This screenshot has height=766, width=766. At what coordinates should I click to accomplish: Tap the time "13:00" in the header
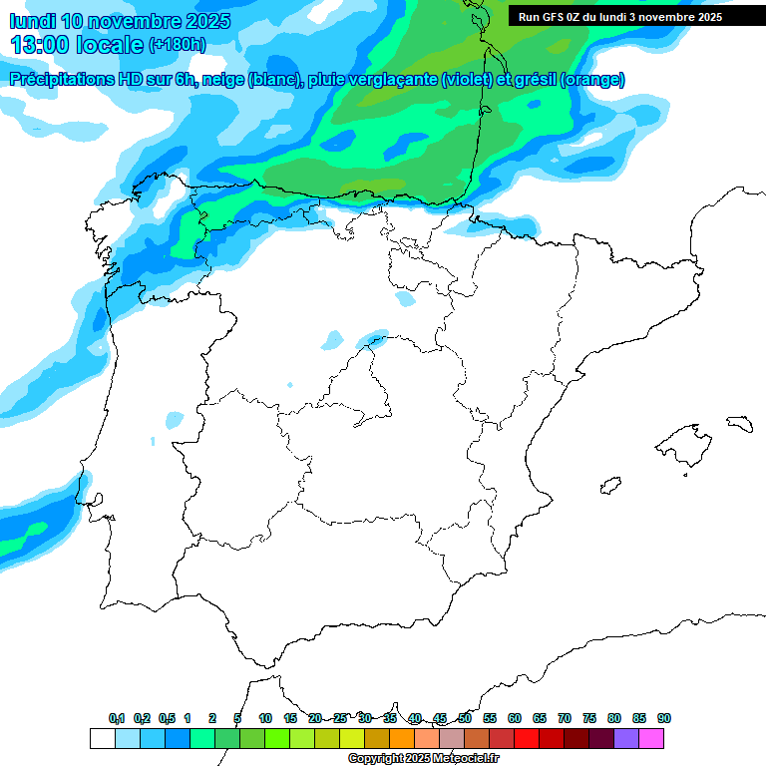(x=42, y=44)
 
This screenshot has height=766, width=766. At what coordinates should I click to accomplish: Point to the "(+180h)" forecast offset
(x=177, y=44)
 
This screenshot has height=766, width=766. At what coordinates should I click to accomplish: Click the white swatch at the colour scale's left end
(x=102, y=738)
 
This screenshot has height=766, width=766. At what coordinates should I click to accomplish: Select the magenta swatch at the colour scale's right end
(x=651, y=738)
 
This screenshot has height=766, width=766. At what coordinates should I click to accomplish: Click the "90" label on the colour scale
(x=664, y=718)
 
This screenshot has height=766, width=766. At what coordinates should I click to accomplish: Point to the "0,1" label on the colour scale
(x=116, y=718)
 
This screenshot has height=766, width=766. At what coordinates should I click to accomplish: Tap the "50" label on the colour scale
(x=465, y=718)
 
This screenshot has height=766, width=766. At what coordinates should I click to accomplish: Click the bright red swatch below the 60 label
(x=527, y=738)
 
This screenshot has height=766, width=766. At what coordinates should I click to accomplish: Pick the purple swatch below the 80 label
(x=626, y=738)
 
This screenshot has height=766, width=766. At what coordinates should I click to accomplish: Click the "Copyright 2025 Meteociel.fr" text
(x=423, y=759)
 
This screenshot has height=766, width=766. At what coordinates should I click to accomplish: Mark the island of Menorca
(x=739, y=424)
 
